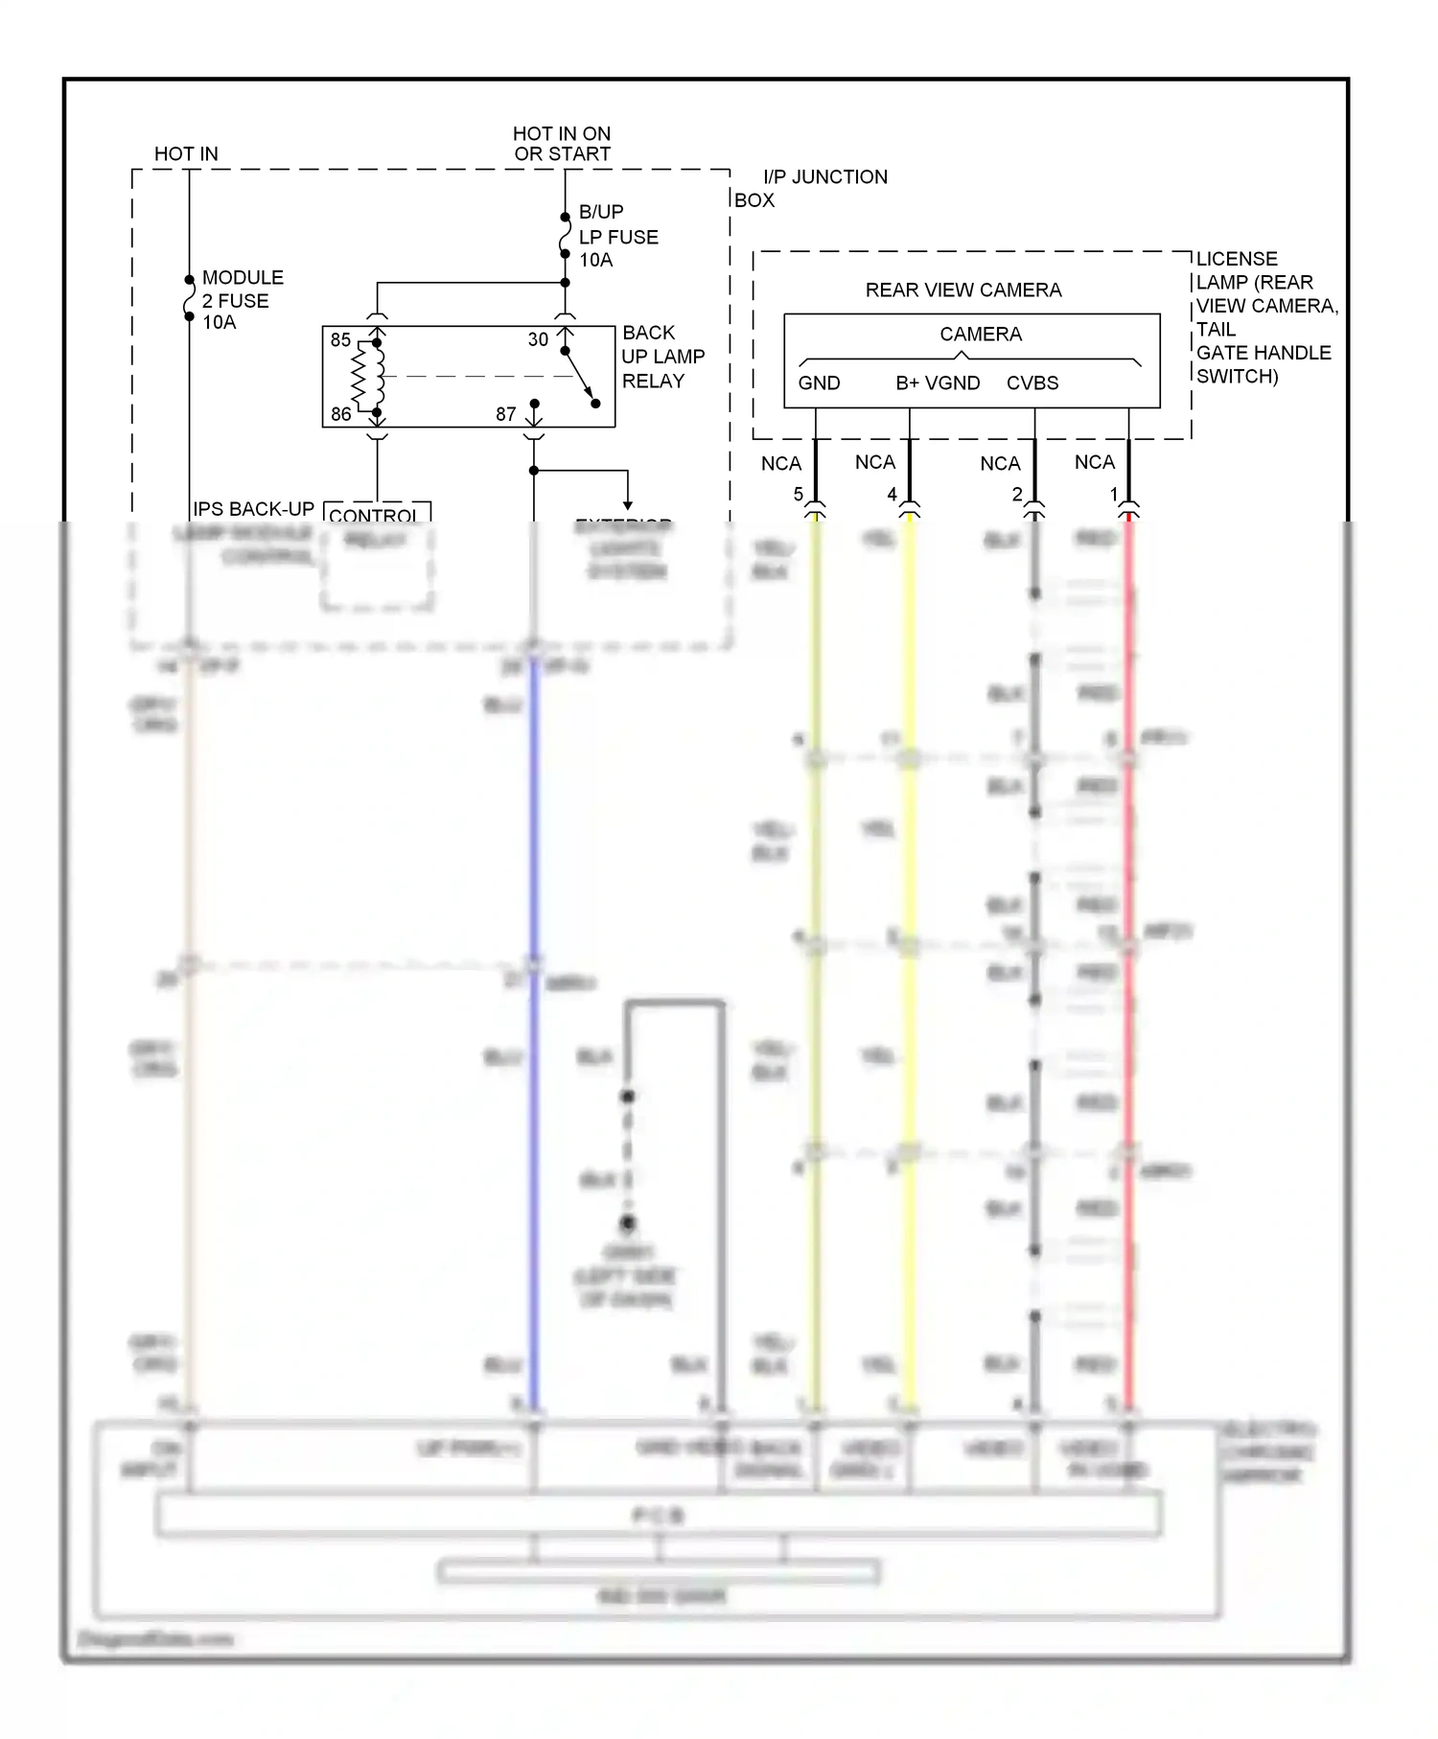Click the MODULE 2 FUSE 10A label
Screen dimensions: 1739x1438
coord(242,299)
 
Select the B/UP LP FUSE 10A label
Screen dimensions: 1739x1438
coord(617,236)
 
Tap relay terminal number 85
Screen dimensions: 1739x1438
coord(340,340)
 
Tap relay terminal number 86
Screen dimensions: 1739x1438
coord(340,414)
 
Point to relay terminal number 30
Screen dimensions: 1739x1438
coord(538,339)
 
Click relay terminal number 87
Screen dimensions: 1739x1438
coord(506,414)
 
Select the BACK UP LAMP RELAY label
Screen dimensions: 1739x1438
coord(662,357)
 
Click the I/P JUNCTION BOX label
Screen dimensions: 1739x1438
coord(810,188)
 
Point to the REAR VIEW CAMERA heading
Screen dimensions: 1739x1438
coord(963,290)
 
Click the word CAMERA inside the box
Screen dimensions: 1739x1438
coord(980,334)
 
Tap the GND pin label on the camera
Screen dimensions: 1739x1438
coord(819,383)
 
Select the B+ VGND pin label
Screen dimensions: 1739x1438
coord(938,383)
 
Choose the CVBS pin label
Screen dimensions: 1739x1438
coord(1032,383)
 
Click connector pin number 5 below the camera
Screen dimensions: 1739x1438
coord(798,495)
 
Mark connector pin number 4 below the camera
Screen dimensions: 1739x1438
coord(892,495)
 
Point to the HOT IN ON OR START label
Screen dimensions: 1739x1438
coord(562,144)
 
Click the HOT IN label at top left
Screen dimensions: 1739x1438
coord(186,153)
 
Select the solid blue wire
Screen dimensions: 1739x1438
coord(534,1055)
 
